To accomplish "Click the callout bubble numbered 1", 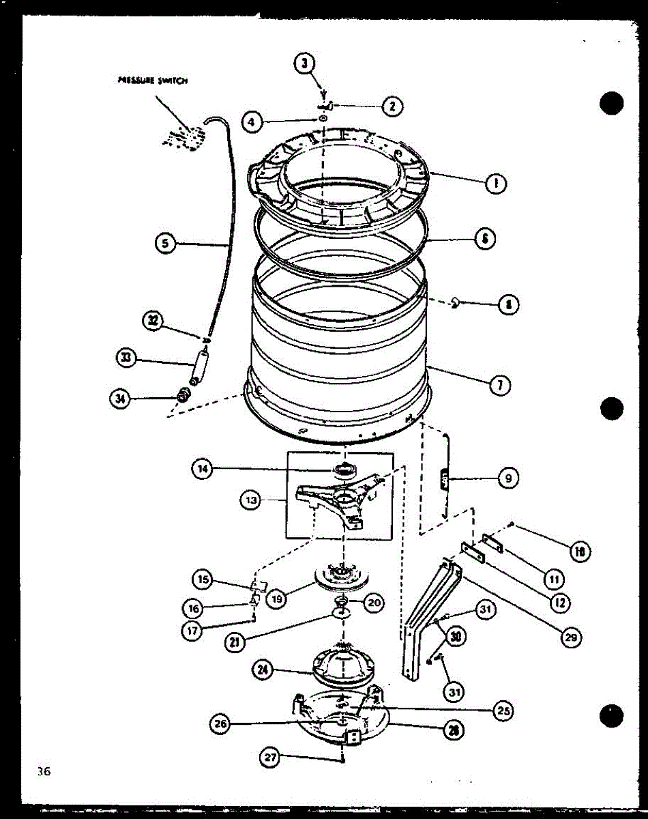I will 496,182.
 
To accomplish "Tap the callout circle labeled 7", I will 500,385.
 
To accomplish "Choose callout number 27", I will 271,757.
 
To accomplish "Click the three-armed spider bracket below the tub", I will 334,504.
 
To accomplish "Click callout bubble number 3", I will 305,66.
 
